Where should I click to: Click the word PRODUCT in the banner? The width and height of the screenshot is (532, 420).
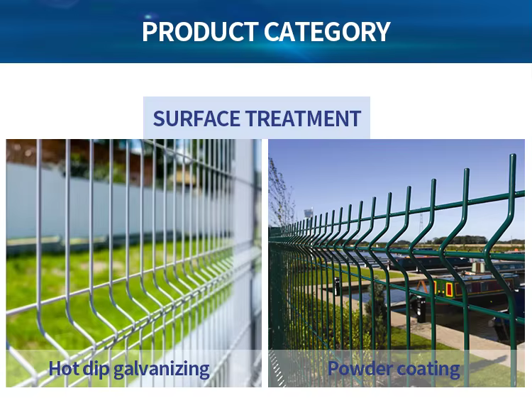[x=199, y=32]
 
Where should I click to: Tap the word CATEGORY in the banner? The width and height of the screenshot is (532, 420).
[x=327, y=32]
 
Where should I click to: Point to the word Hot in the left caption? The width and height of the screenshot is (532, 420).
[x=63, y=368]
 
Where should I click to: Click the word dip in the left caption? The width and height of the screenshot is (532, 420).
[x=96, y=369]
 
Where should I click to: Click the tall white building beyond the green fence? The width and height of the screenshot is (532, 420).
[x=309, y=214]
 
